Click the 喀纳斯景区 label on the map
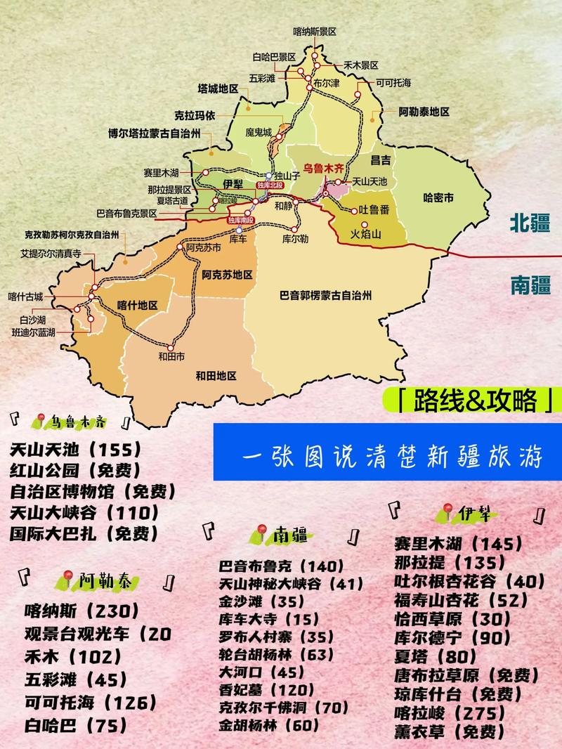click(x=315, y=32)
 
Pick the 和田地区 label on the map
click(x=216, y=375)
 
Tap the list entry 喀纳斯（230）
click(x=81, y=611)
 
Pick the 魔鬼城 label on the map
click(x=258, y=131)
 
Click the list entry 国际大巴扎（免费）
click(x=84, y=532)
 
